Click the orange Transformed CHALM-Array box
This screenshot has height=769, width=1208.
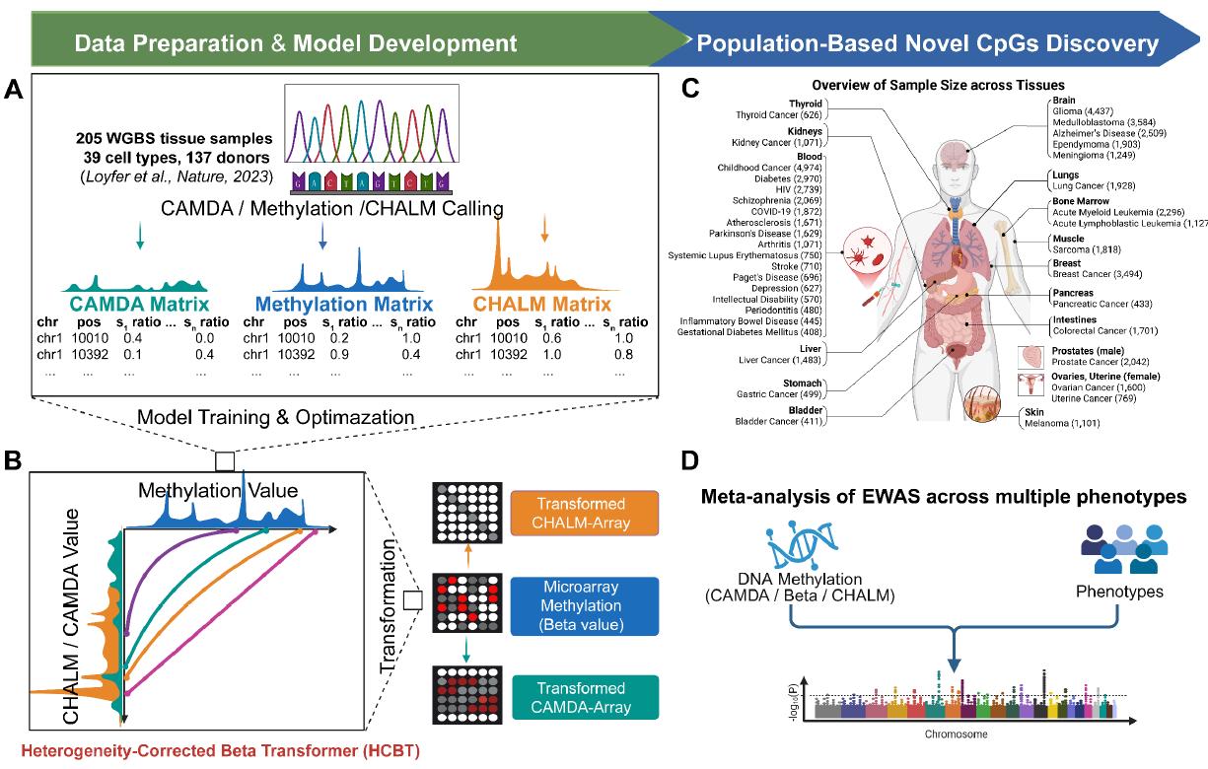567,510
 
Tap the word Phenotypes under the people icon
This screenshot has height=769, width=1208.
1118,594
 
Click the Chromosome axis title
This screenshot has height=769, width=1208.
953,734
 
